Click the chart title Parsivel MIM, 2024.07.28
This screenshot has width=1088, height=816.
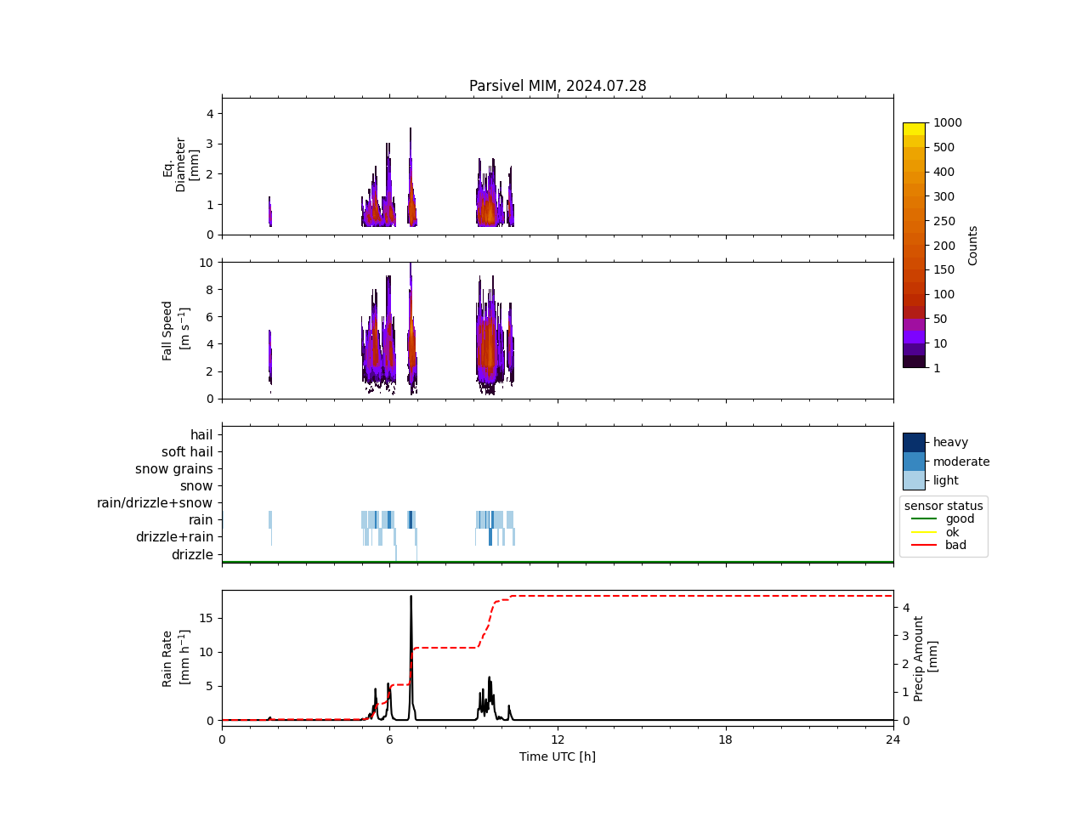558,86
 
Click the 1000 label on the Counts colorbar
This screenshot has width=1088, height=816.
947,122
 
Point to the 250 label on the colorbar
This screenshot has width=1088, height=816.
944,221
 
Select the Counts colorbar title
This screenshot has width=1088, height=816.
973,245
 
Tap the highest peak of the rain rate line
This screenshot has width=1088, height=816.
411,597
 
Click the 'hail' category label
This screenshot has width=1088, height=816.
201,435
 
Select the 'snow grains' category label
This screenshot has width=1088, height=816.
174,469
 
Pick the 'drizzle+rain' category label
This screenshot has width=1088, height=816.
174,537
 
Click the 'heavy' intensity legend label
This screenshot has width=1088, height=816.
950,442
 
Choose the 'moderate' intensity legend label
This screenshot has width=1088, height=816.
961,462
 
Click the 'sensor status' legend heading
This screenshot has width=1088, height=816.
943,506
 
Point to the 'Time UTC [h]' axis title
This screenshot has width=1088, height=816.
558,756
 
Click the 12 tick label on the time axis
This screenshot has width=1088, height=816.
558,739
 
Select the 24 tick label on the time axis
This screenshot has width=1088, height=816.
893,739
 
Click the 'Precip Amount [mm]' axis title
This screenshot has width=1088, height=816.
926,658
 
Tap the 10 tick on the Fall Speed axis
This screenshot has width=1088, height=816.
206,262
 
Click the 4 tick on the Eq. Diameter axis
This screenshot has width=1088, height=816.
210,113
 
